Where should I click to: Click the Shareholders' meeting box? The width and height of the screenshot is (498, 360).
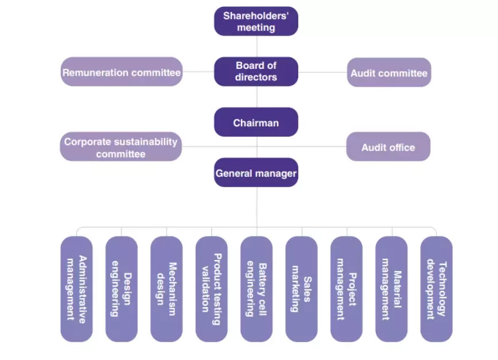256,21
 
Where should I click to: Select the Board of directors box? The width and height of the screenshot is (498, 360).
256,72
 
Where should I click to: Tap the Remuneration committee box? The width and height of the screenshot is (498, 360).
122,72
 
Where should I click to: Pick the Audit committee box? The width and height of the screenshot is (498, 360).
388,73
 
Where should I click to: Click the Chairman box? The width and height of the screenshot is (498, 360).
256,122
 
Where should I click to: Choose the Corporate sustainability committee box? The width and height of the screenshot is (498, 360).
120,147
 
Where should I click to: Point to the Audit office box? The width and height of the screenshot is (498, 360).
388,147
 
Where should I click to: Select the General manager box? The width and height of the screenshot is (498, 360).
256,172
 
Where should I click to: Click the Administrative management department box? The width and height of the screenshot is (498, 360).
76,289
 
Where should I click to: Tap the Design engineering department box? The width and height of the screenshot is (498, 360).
122,289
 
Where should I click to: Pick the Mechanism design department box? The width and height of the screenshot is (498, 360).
166,289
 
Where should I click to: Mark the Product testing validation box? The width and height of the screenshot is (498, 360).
211,289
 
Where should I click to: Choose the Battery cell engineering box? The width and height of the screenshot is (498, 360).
256,289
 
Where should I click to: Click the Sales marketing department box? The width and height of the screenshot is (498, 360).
301,289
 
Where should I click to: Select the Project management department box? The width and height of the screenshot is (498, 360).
346,289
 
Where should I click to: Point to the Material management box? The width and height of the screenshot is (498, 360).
391,289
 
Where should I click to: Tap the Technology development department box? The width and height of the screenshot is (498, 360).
436,289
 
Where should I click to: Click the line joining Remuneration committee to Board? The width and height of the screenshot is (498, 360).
199,72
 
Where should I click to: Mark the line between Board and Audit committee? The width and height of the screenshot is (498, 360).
322,72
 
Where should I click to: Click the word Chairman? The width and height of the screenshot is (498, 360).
256,123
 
